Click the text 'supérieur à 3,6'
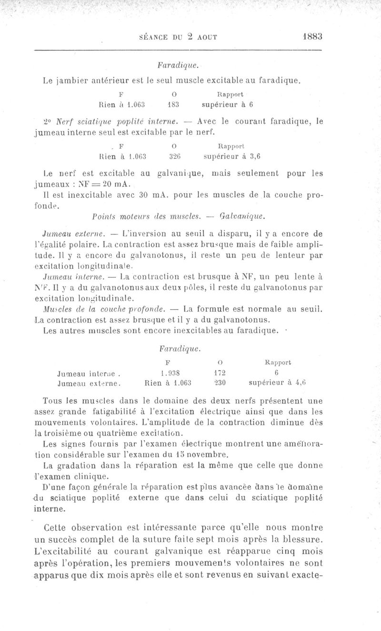[x=234, y=155]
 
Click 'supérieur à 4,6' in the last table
[x=277, y=382]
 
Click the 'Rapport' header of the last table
[x=278, y=363]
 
